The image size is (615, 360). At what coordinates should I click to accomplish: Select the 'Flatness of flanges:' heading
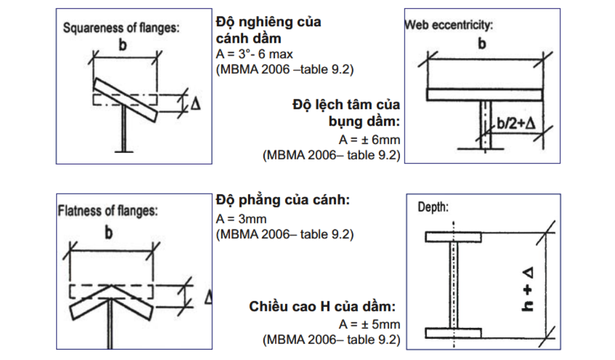(x=107, y=211)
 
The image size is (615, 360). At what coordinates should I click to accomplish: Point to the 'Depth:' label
(x=433, y=207)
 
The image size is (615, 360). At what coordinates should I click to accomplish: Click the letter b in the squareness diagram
(x=122, y=46)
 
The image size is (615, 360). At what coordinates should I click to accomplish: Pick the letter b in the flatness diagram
(x=109, y=233)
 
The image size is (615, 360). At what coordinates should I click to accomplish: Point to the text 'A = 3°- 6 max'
(x=254, y=55)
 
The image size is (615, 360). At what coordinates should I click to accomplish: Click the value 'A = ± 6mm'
(x=370, y=140)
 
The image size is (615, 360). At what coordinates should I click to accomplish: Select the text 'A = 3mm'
(x=241, y=219)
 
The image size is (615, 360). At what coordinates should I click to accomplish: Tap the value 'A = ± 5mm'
(x=370, y=325)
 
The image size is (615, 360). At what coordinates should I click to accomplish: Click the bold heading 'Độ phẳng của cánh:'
(x=282, y=201)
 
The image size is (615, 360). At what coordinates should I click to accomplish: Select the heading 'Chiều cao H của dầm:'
(x=322, y=307)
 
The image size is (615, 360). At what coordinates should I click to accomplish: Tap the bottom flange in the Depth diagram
(x=453, y=333)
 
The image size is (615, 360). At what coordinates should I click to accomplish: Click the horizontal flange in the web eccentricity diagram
(x=484, y=94)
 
